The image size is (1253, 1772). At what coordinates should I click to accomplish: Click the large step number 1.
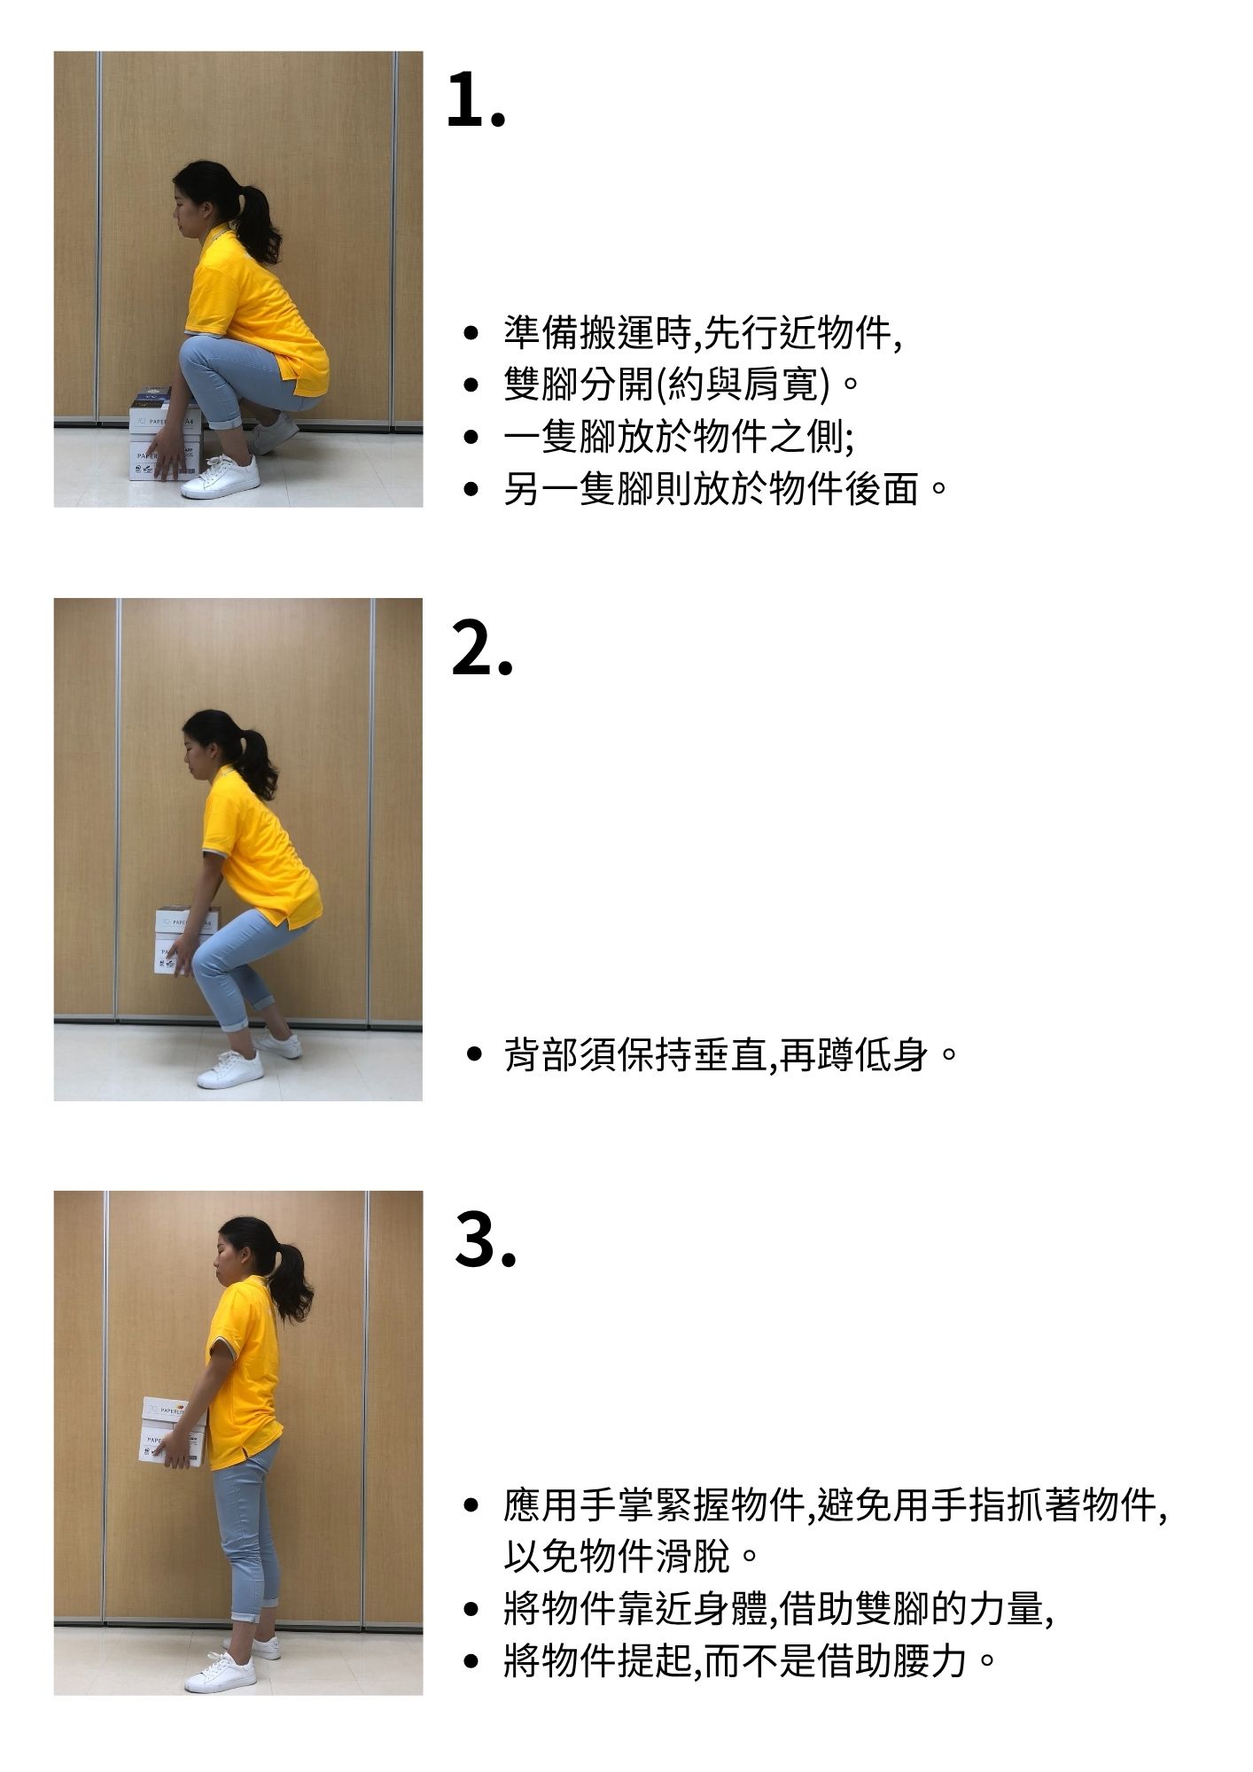click(476, 99)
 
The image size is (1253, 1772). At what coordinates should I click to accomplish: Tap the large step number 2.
click(482, 648)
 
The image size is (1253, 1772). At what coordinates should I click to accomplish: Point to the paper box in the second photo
click(184, 939)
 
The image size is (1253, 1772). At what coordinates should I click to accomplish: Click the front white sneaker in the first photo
click(222, 478)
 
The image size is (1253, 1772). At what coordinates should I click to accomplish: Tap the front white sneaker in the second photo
click(230, 1069)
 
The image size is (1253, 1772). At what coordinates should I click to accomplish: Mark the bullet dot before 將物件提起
click(471, 1660)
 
